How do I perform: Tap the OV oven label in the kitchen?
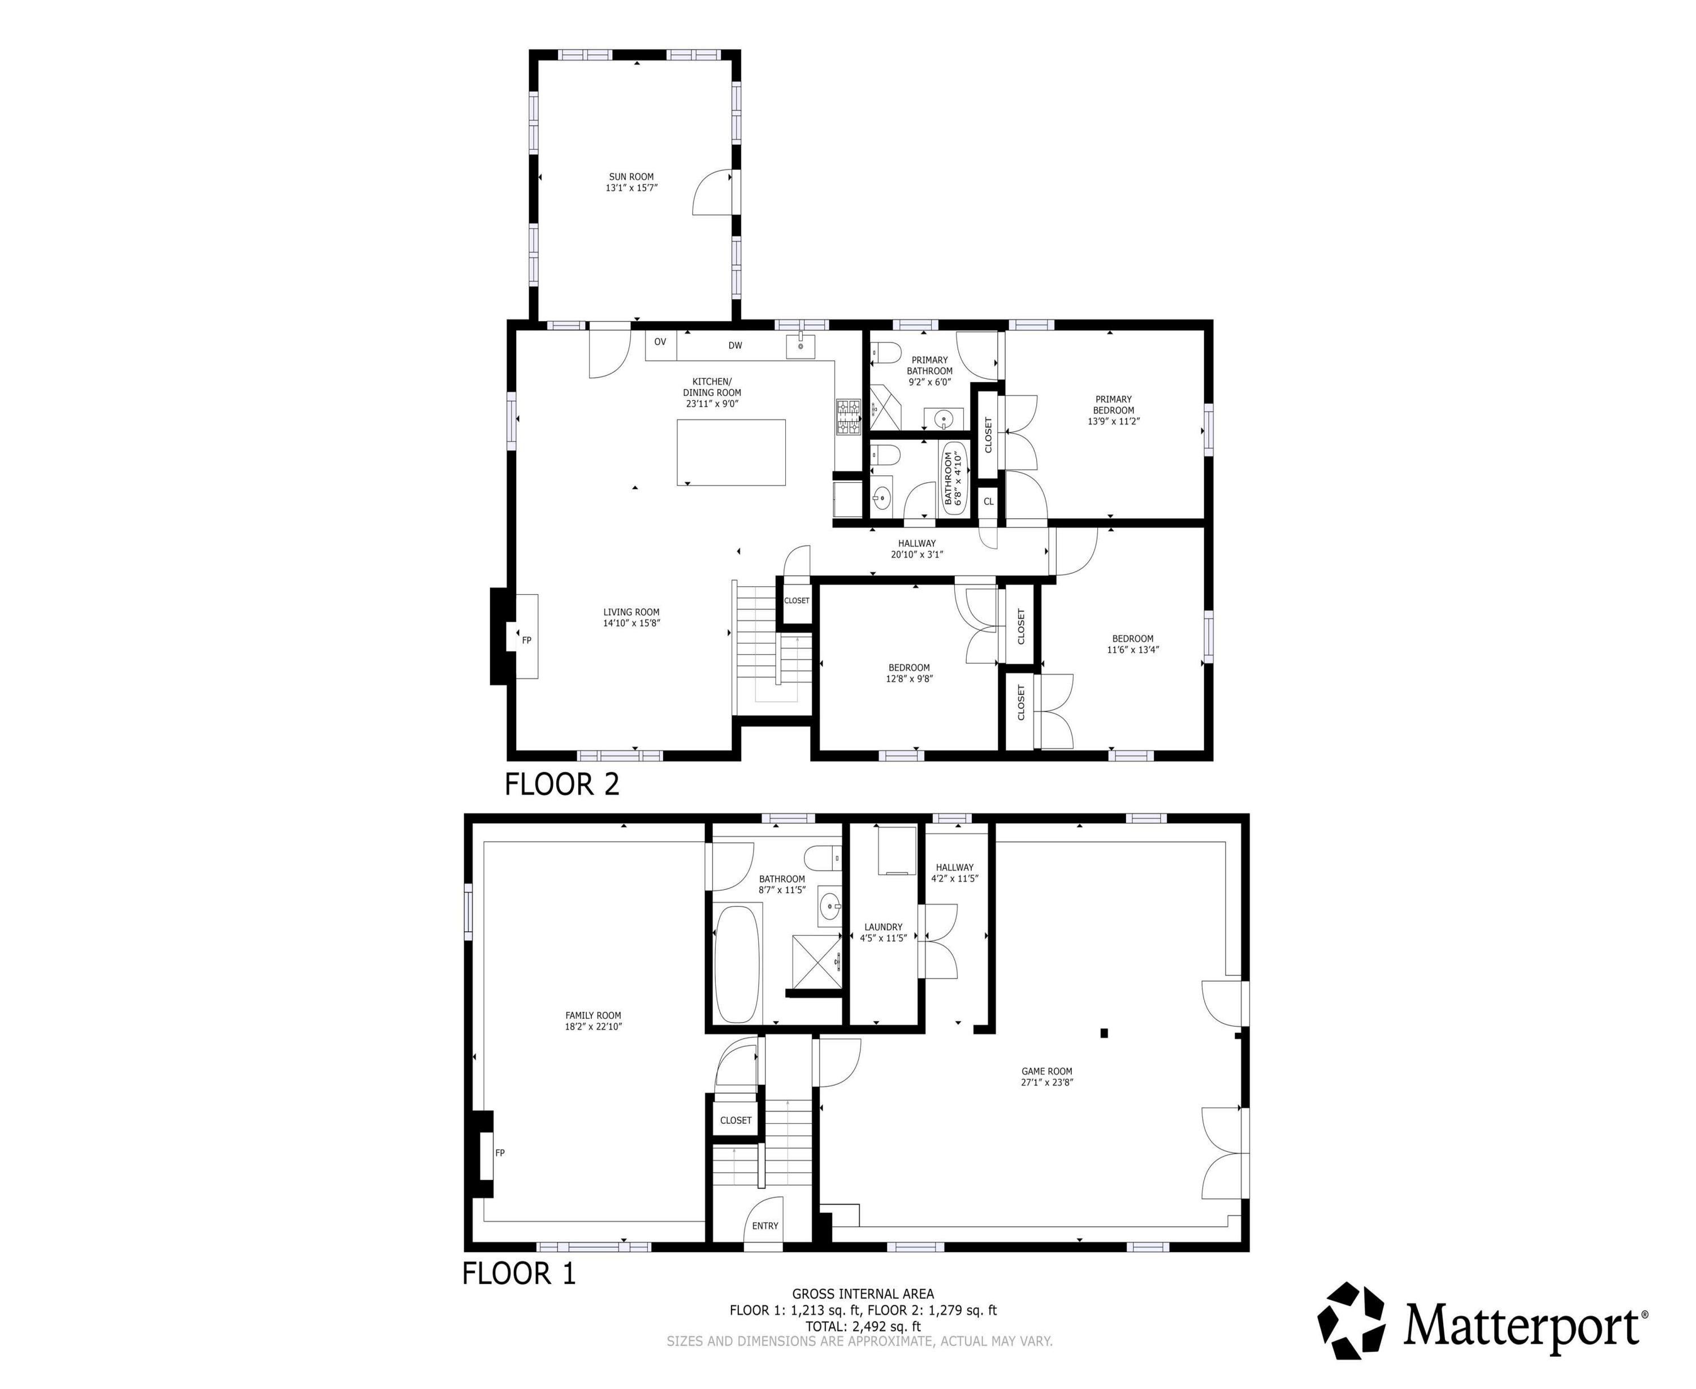(x=660, y=341)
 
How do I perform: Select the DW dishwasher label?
(x=734, y=345)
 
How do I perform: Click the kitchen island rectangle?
(x=730, y=452)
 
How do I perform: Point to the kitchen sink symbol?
(x=800, y=347)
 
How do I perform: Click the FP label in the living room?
(x=526, y=640)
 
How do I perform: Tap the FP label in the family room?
(x=500, y=1153)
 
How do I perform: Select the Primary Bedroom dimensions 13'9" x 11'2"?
(x=1113, y=421)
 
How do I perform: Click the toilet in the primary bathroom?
(x=886, y=353)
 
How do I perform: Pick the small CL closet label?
(x=988, y=501)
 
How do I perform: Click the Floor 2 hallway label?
(x=917, y=543)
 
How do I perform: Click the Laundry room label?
(x=883, y=927)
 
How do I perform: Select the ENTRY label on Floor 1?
(x=765, y=1226)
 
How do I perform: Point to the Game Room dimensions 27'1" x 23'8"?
(x=1046, y=1083)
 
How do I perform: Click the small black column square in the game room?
(x=1104, y=1033)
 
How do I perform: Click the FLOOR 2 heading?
(x=561, y=784)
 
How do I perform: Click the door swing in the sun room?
(x=712, y=192)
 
